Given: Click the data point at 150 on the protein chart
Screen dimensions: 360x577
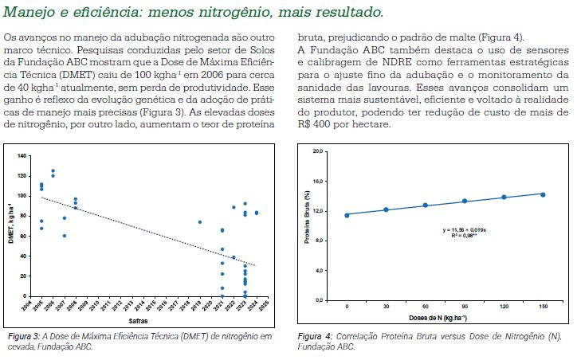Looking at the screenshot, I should pos(543,194).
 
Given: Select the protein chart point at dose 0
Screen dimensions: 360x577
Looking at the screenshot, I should pos(347,215).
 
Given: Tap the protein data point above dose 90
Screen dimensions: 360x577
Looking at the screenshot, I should pos(465,202).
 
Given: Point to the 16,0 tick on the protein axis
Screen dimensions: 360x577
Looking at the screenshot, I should pos(318,181).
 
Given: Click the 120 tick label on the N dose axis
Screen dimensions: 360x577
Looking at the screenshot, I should pos(504,307).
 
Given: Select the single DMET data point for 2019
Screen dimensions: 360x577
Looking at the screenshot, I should pos(200,222).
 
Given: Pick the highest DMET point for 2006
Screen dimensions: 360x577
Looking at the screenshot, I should pos(53,171).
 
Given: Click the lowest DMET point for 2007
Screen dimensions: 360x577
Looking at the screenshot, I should pos(65,236).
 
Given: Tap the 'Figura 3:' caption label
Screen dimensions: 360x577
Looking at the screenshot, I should pos(22,338).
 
